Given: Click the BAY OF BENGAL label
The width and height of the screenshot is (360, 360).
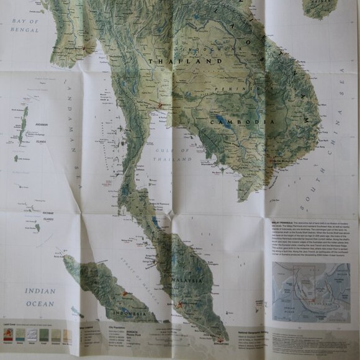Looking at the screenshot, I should point(25,25).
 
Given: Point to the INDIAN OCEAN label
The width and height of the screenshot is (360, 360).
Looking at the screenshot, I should point(40,297).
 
